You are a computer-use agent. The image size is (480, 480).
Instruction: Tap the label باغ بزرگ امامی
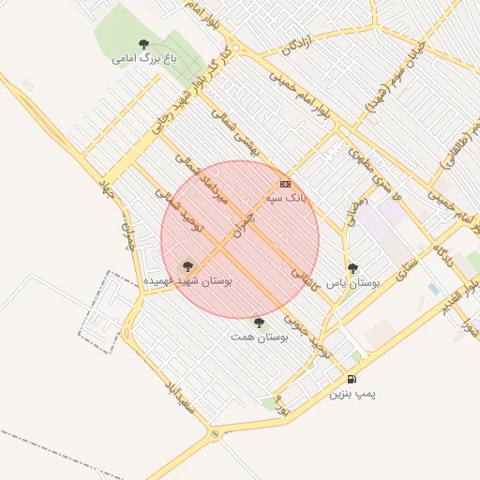coord(143,58)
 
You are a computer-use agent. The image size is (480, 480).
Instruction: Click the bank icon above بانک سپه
coord(285,184)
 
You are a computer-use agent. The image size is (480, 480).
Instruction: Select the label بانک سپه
coord(286,199)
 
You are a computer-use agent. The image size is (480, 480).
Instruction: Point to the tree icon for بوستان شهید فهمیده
coord(187,266)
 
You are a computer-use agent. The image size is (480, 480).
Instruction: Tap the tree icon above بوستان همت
coord(259,322)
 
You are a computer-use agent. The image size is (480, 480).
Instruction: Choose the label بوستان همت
coord(260,337)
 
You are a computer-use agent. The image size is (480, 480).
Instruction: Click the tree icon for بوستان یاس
coord(352,268)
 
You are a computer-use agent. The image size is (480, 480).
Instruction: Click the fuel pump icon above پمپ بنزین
coord(352,380)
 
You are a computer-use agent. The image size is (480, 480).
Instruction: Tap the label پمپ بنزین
coord(352,394)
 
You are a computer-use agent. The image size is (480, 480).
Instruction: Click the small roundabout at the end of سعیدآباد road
coord(216,433)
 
